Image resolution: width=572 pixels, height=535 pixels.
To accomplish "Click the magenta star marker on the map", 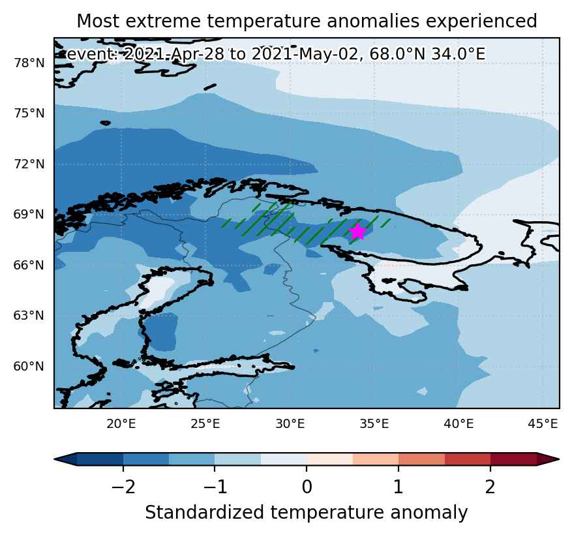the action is pyautogui.click(x=358, y=232).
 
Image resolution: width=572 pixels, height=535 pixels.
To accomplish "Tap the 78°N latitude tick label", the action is pyautogui.click(x=29, y=63).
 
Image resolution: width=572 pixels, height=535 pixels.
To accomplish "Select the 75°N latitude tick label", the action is pyautogui.click(x=29, y=114).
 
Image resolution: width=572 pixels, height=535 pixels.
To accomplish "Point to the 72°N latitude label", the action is pyautogui.click(x=29, y=164).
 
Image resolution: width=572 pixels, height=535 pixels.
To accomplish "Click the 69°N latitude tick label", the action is pyautogui.click(x=29, y=215).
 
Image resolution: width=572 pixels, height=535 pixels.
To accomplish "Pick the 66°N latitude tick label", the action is pyautogui.click(x=29, y=266).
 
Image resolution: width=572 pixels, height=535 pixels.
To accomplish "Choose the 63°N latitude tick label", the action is pyautogui.click(x=29, y=316).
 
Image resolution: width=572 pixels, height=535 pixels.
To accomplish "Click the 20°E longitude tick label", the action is pyautogui.click(x=121, y=424).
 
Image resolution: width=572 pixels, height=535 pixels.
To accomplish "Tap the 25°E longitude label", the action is pyautogui.click(x=205, y=424).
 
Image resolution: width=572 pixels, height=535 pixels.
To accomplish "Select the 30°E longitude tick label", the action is pyautogui.click(x=290, y=424).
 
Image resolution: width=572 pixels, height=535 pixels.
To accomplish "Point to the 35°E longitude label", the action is pyautogui.click(x=374, y=424).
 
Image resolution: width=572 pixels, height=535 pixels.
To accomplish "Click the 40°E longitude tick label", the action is pyautogui.click(x=459, y=424).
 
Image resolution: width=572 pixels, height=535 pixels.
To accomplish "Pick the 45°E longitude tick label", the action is pyautogui.click(x=543, y=424).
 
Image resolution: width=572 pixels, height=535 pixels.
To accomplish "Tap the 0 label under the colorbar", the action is pyautogui.click(x=307, y=487).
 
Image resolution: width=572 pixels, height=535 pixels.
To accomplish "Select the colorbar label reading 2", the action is pyautogui.click(x=490, y=487).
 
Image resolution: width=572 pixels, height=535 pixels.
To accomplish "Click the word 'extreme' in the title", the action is pyautogui.click(x=164, y=21).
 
